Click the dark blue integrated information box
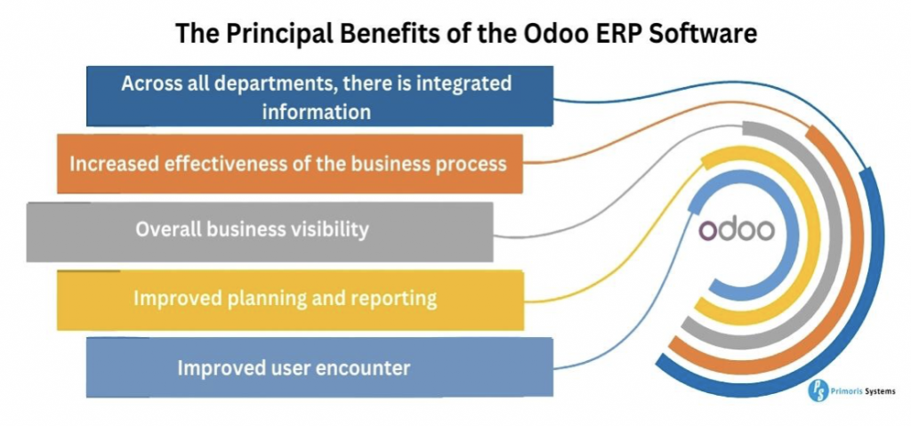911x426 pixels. pos(319,96)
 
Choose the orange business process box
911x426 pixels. pos(290,164)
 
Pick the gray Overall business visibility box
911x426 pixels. pos(260,232)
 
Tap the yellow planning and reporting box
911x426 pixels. pos(290,300)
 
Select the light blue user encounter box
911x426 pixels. pos(319,367)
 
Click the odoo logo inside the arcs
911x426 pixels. pos(736,230)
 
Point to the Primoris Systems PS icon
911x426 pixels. pos(818,391)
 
